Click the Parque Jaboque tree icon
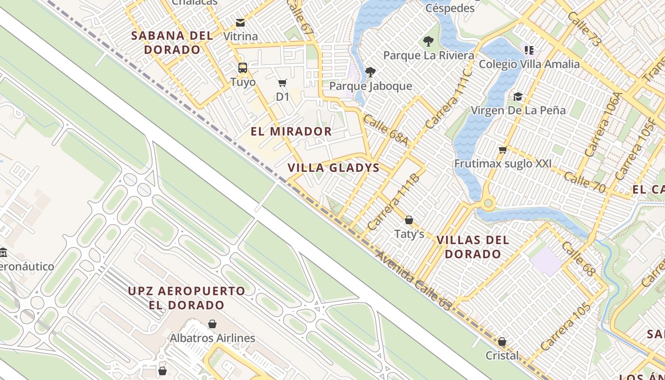tap(370, 72)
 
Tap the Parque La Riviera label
tap(428, 55)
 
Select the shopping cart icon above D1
tap(283, 83)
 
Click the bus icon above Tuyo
tap(243, 68)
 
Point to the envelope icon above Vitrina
tap(240, 23)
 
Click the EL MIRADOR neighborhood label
tap(291, 132)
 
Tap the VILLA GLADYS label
tap(333, 168)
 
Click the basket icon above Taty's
tap(409, 220)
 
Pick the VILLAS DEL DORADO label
tap(473, 247)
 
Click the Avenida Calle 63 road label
tap(413, 281)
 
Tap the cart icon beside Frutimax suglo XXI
tap(503, 150)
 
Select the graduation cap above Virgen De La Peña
tap(518, 97)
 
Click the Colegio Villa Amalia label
tap(529, 64)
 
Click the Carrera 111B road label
tap(393, 202)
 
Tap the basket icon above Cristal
tap(502, 342)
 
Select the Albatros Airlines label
tap(212, 338)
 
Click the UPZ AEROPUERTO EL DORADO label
tap(187, 298)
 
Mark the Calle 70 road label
tap(585, 182)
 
